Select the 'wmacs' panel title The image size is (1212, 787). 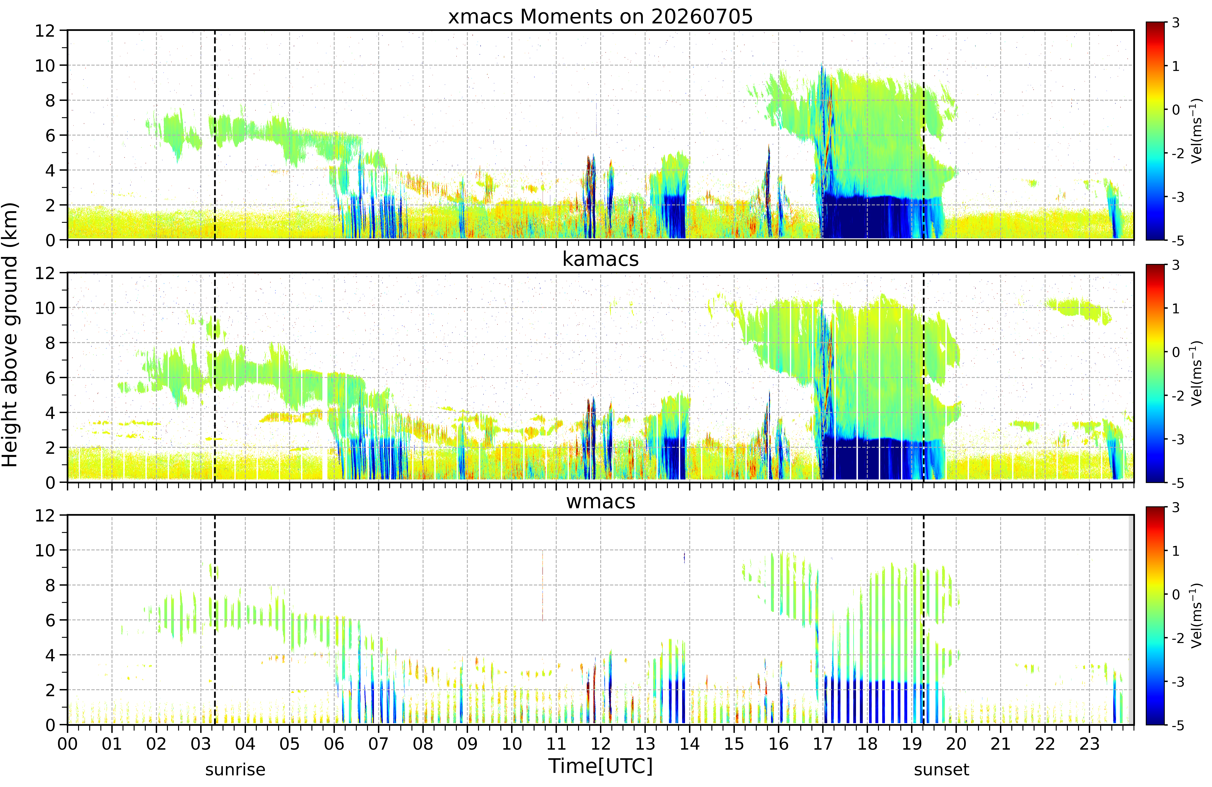tap(600, 502)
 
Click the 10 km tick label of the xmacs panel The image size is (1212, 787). tap(45, 65)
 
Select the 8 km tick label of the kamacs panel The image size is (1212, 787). tap(50, 343)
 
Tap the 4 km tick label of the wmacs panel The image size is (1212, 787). tap(50, 655)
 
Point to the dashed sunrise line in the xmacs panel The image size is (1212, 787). tap(215, 135)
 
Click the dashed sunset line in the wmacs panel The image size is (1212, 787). tap(923, 620)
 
